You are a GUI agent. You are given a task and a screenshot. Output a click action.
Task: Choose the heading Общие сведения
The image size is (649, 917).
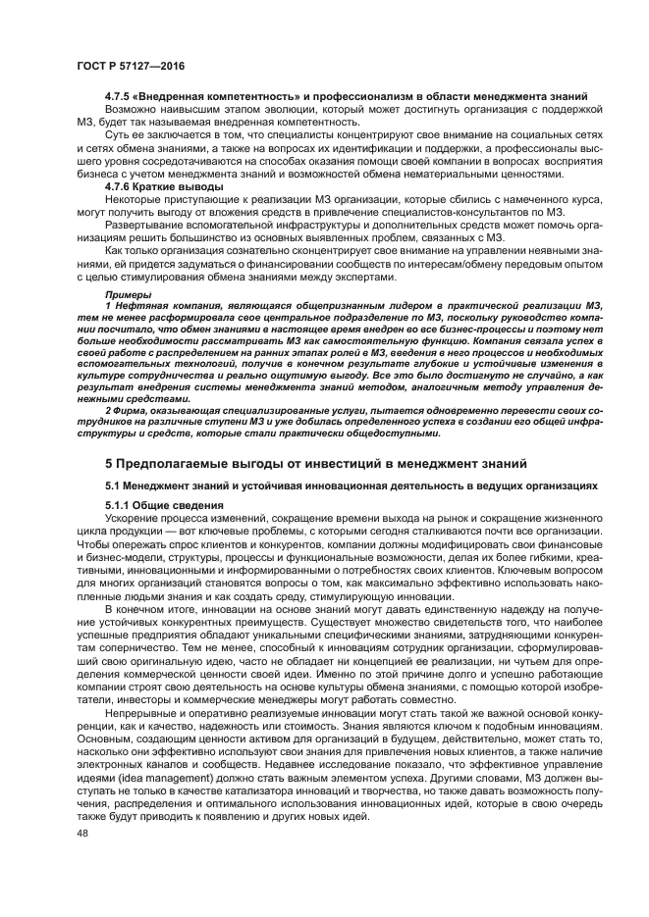coord(178,506)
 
